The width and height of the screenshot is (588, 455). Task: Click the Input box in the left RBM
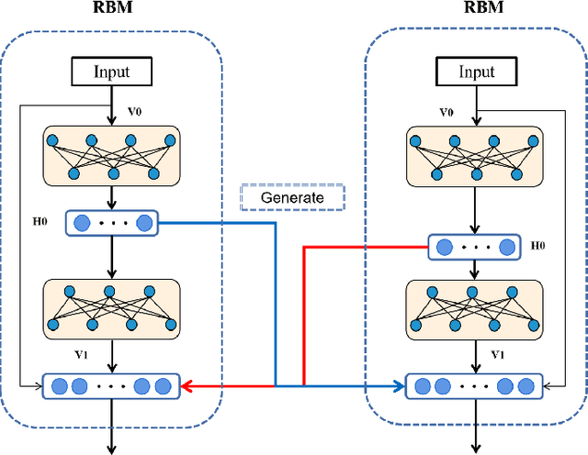point(111,72)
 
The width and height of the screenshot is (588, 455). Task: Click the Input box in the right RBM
point(476,72)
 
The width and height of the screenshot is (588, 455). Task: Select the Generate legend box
point(292,197)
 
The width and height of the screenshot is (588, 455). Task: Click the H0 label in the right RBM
point(538,247)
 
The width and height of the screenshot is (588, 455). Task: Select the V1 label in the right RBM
point(497,353)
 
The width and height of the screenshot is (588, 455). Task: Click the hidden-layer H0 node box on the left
point(111,223)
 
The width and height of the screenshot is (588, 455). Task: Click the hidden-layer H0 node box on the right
point(475,247)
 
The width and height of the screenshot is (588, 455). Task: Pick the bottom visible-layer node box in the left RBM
point(111,386)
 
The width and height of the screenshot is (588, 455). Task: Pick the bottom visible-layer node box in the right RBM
point(475,386)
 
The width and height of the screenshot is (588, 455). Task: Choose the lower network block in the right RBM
point(475,307)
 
